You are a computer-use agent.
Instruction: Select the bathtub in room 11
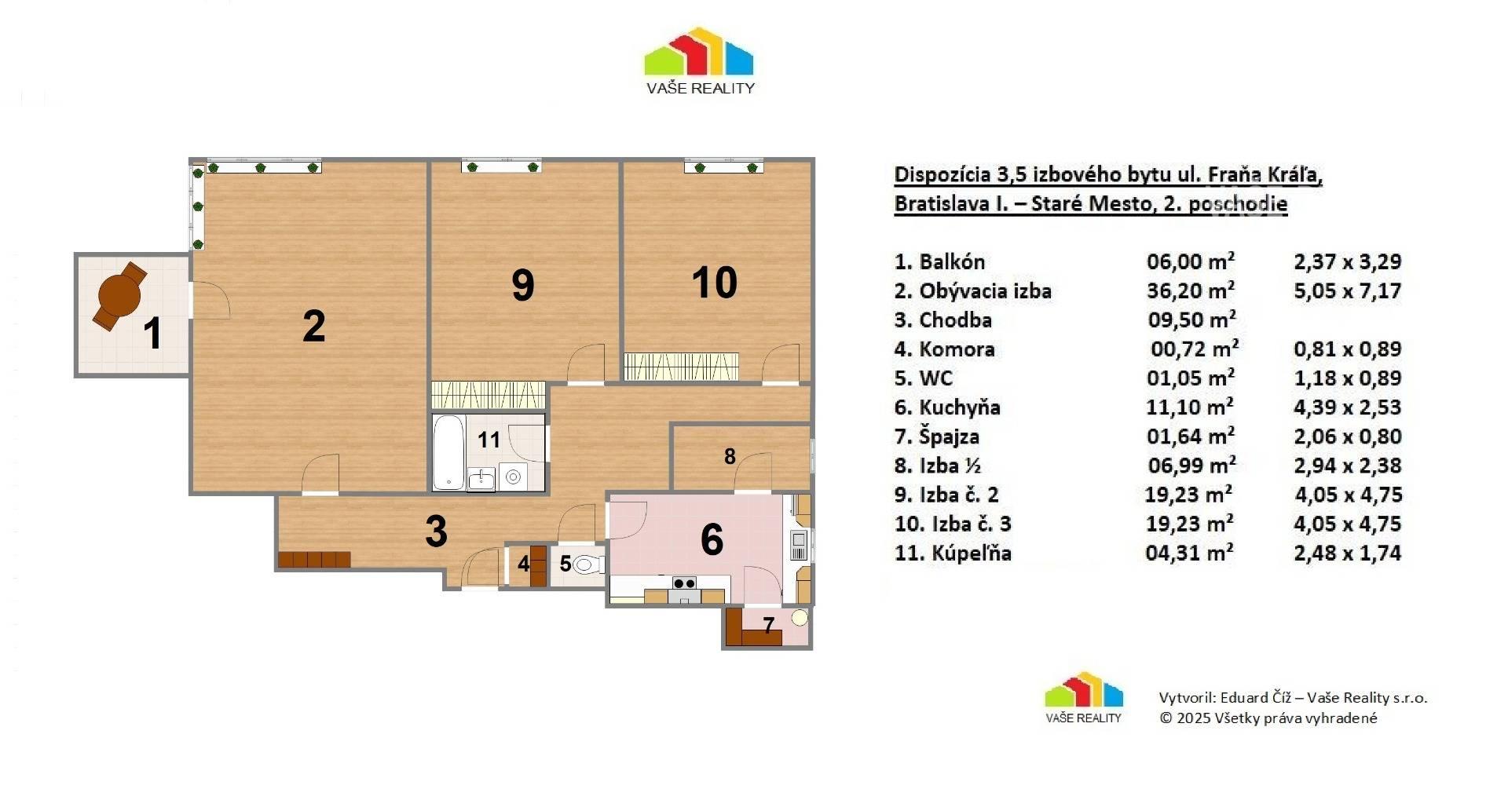tap(448, 452)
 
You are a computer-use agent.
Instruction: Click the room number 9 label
tap(523, 284)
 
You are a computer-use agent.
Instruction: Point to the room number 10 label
tap(715, 283)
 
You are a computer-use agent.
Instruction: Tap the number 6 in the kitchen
tap(712, 539)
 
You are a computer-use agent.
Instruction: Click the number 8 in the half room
tap(730, 456)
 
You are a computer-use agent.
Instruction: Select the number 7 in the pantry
tap(769, 625)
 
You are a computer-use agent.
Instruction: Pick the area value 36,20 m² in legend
tap(1191, 290)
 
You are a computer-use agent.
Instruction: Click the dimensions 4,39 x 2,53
tap(1347, 407)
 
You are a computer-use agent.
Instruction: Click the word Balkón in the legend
tap(952, 261)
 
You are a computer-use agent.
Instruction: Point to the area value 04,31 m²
tap(1189, 552)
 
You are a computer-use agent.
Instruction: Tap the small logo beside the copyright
tap(1083, 698)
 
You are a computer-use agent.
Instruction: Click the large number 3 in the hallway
tap(436, 531)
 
